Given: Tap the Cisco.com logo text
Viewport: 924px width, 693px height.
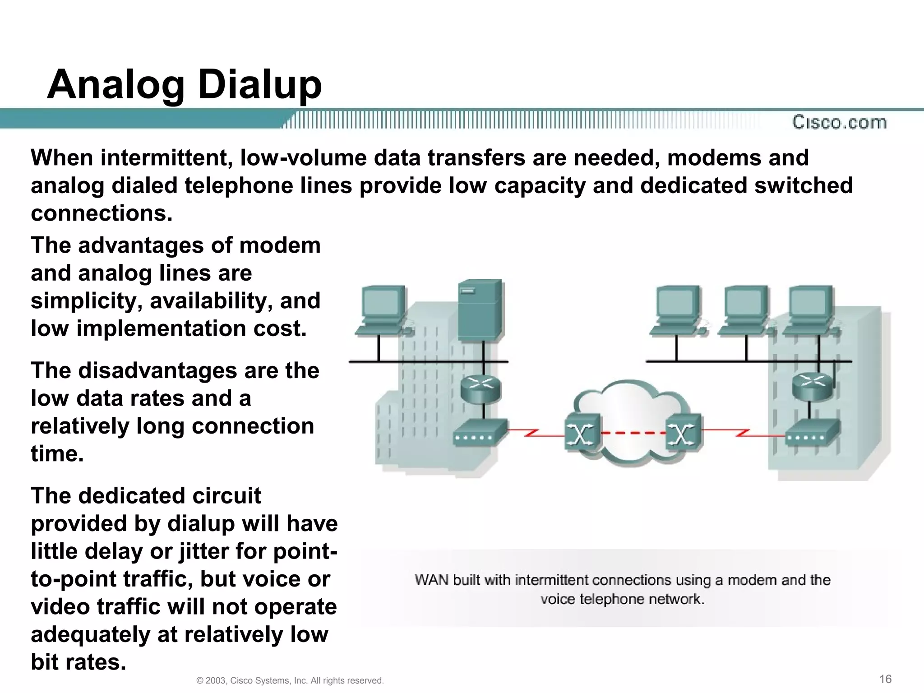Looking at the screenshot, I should pos(839,122).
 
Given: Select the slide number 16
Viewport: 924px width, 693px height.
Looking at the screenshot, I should pos(885,679).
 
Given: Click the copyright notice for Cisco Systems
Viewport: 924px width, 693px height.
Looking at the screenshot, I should pos(290,680).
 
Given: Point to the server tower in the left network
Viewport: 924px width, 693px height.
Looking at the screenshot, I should pos(480,310).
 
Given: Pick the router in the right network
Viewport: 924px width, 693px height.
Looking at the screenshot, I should pos(812,386).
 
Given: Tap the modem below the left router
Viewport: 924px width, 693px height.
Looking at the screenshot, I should pos(479,433).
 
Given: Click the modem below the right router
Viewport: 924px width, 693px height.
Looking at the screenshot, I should pos(812,433).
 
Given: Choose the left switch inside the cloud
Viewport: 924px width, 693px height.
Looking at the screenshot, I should pos(582,432).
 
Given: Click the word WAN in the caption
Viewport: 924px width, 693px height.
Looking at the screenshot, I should pos(431,580).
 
